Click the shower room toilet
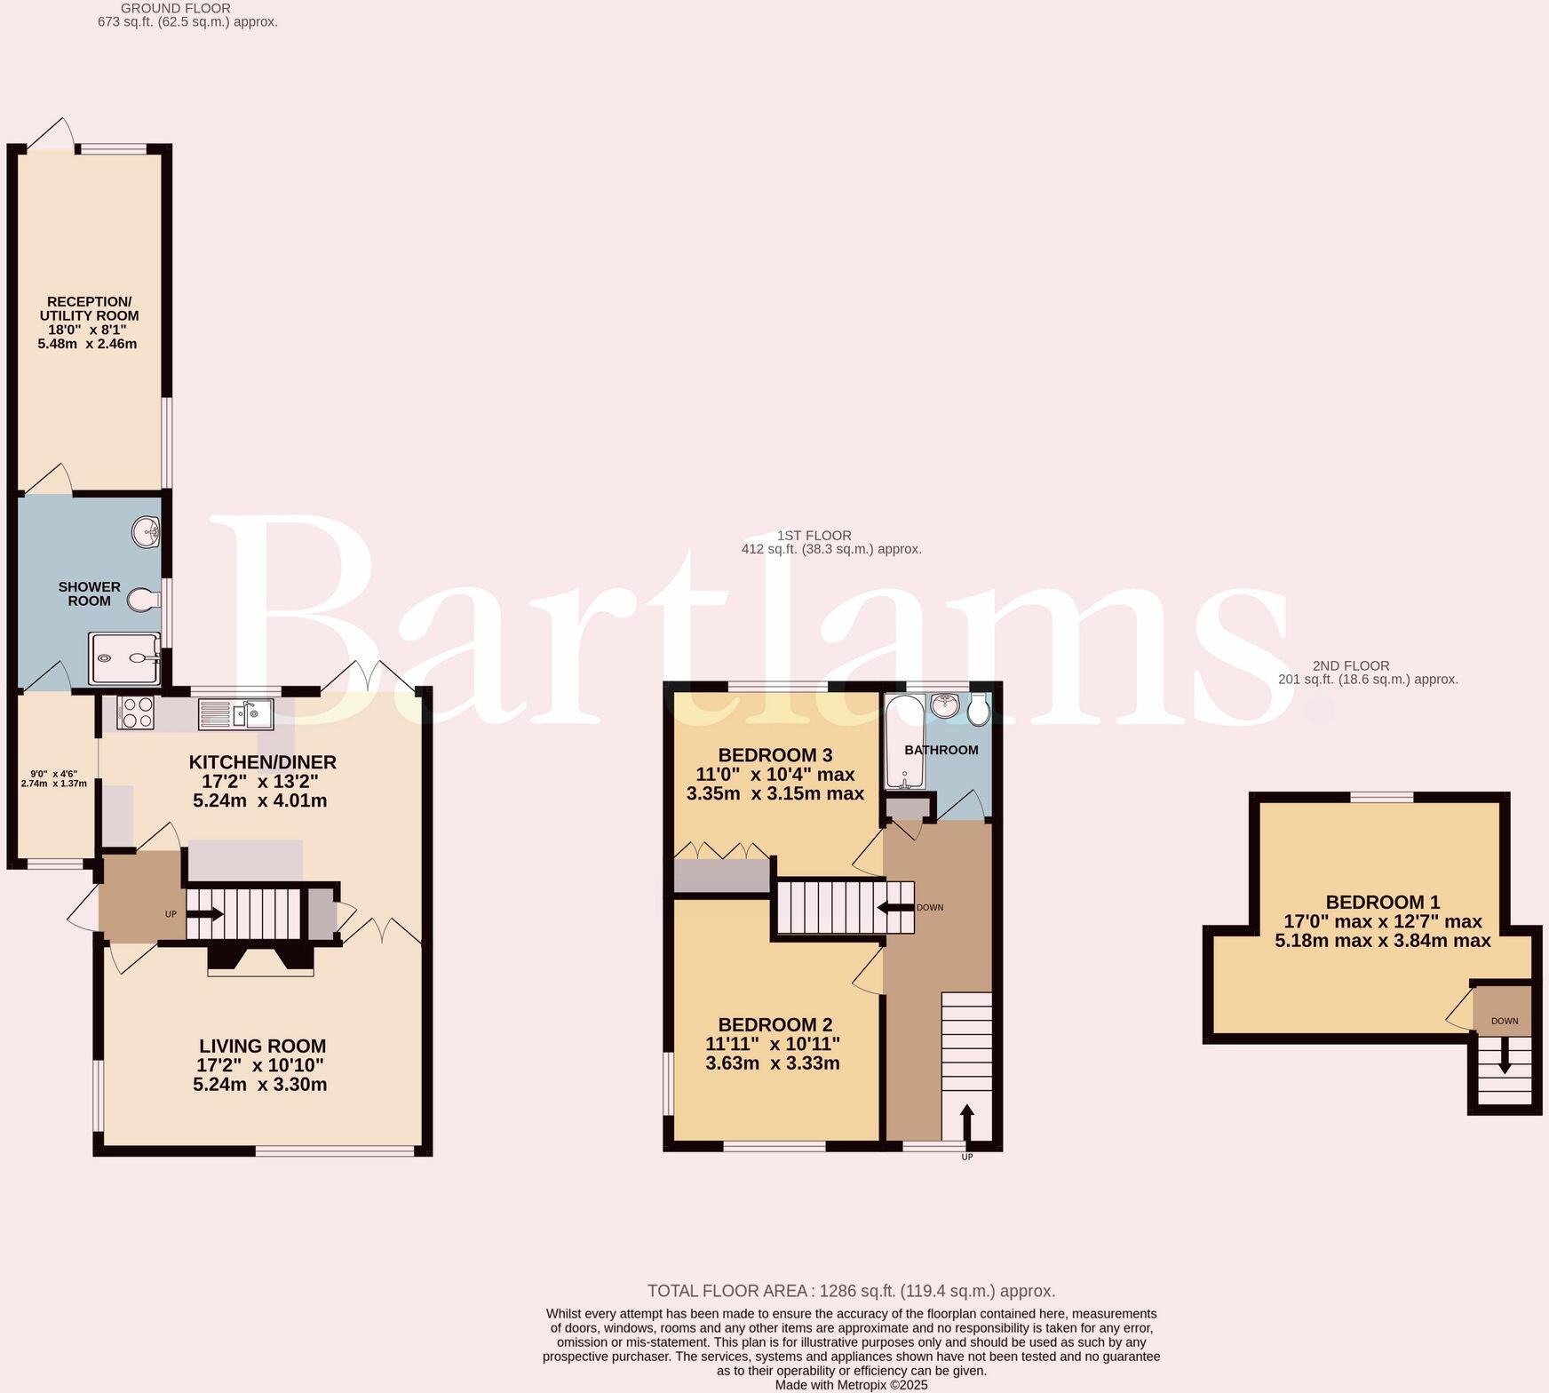coord(141,601)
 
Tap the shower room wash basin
coord(146,533)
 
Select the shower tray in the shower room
coord(124,658)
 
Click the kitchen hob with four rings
coord(135,712)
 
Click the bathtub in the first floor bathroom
coord(904,743)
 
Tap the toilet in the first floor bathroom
coord(980,709)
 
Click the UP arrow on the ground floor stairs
coord(204,913)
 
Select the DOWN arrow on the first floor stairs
coord(895,907)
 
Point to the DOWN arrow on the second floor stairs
coord(1505,1055)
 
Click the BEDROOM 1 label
coord(1383,902)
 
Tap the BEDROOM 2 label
coord(774,1024)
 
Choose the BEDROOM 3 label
coord(775,755)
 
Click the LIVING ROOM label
coord(262,1047)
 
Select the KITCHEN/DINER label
coord(263,762)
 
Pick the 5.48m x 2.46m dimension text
coord(87,344)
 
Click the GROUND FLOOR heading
coord(163,8)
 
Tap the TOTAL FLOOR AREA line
coord(851,1291)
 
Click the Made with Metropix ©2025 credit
coord(851,1385)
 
